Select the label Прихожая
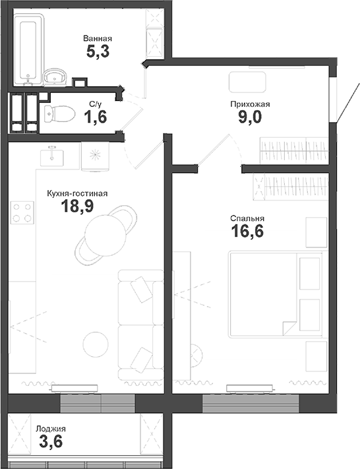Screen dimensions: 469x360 (x=250, y=104)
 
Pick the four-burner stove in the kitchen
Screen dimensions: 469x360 (x=22, y=213)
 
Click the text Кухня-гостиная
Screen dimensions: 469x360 (x=76, y=194)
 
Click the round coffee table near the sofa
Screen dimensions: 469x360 (x=97, y=345)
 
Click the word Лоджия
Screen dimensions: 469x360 (x=51, y=428)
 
